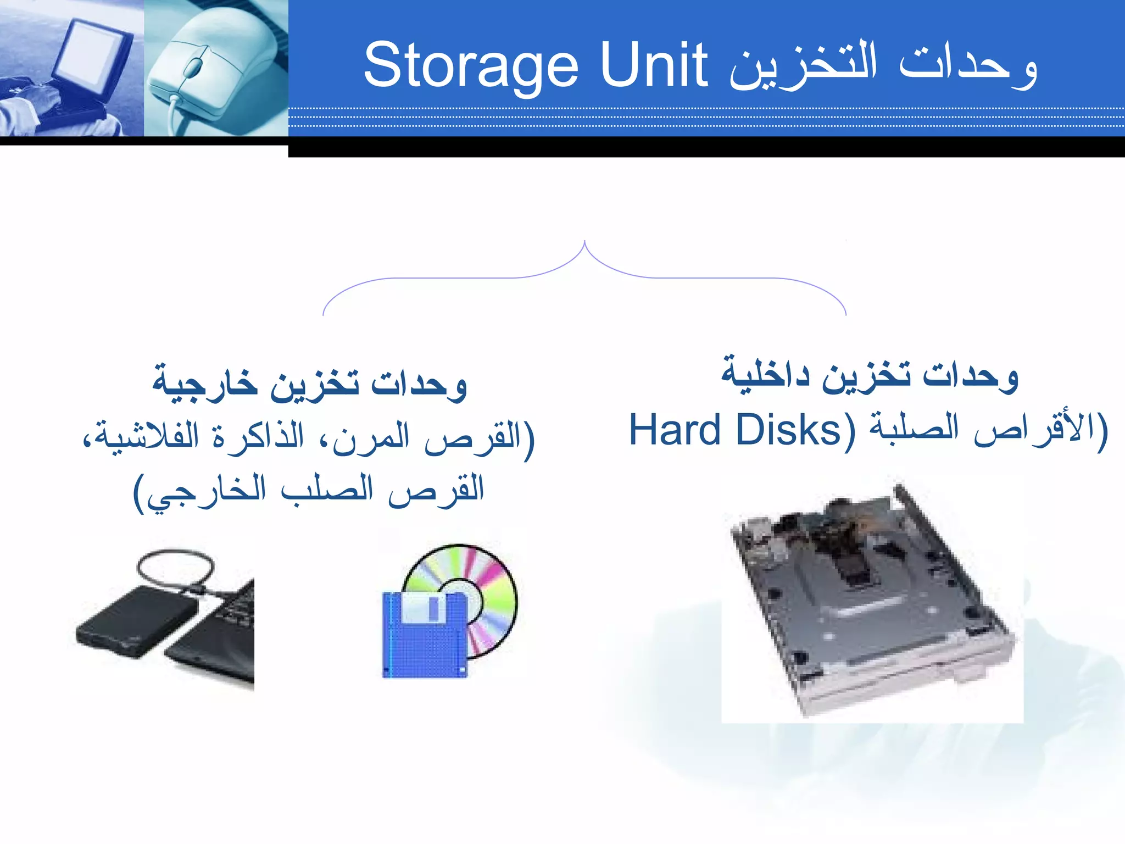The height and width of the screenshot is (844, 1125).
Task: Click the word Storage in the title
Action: coord(471,66)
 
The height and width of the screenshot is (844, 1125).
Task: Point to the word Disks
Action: coord(788,430)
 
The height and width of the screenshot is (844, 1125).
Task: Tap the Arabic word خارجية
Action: coord(205,382)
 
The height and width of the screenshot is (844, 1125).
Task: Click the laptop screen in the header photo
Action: coord(96,55)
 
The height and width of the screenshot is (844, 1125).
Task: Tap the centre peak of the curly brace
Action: coord(584,245)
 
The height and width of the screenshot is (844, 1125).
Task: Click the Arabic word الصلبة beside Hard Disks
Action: coord(915,430)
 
